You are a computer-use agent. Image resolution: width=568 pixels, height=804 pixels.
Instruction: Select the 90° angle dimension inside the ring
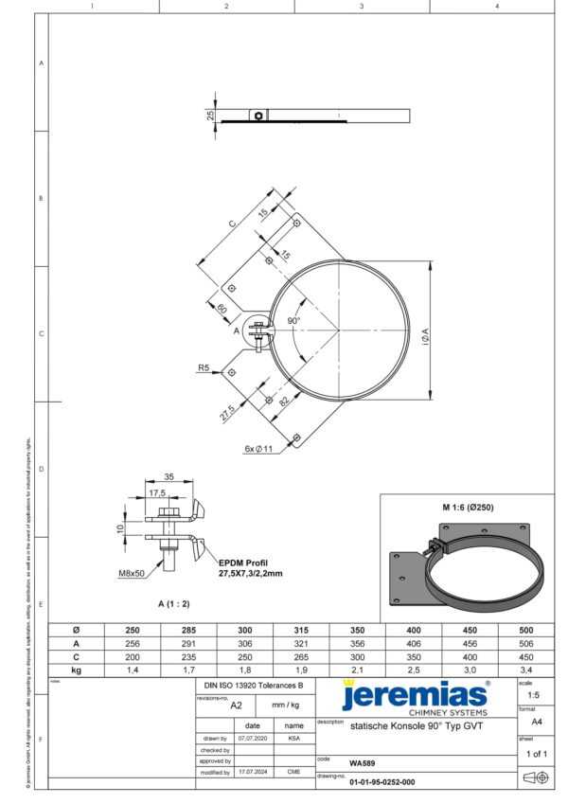tap(294, 321)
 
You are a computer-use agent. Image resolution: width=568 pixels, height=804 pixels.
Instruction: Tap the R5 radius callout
tap(204, 366)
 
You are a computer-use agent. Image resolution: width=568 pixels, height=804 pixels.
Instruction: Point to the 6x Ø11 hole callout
tap(258, 448)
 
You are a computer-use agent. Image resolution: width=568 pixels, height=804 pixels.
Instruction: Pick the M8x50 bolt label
tap(132, 573)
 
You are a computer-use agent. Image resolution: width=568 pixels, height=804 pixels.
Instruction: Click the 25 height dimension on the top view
tap(210, 116)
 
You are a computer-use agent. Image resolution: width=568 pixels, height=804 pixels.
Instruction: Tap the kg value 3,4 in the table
tap(525, 669)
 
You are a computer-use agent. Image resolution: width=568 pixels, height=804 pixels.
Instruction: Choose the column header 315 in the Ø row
tap(300, 629)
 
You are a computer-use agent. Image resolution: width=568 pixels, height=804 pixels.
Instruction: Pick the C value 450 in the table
tap(525, 655)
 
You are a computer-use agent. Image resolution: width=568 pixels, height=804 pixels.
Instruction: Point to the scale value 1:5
tap(534, 694)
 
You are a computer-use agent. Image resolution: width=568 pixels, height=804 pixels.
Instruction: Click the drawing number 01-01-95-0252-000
tap(382, 783)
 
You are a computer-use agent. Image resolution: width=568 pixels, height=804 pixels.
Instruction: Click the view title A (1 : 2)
tap(174, 602)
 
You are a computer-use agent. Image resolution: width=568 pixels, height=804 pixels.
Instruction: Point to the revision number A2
tap(237, 705)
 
